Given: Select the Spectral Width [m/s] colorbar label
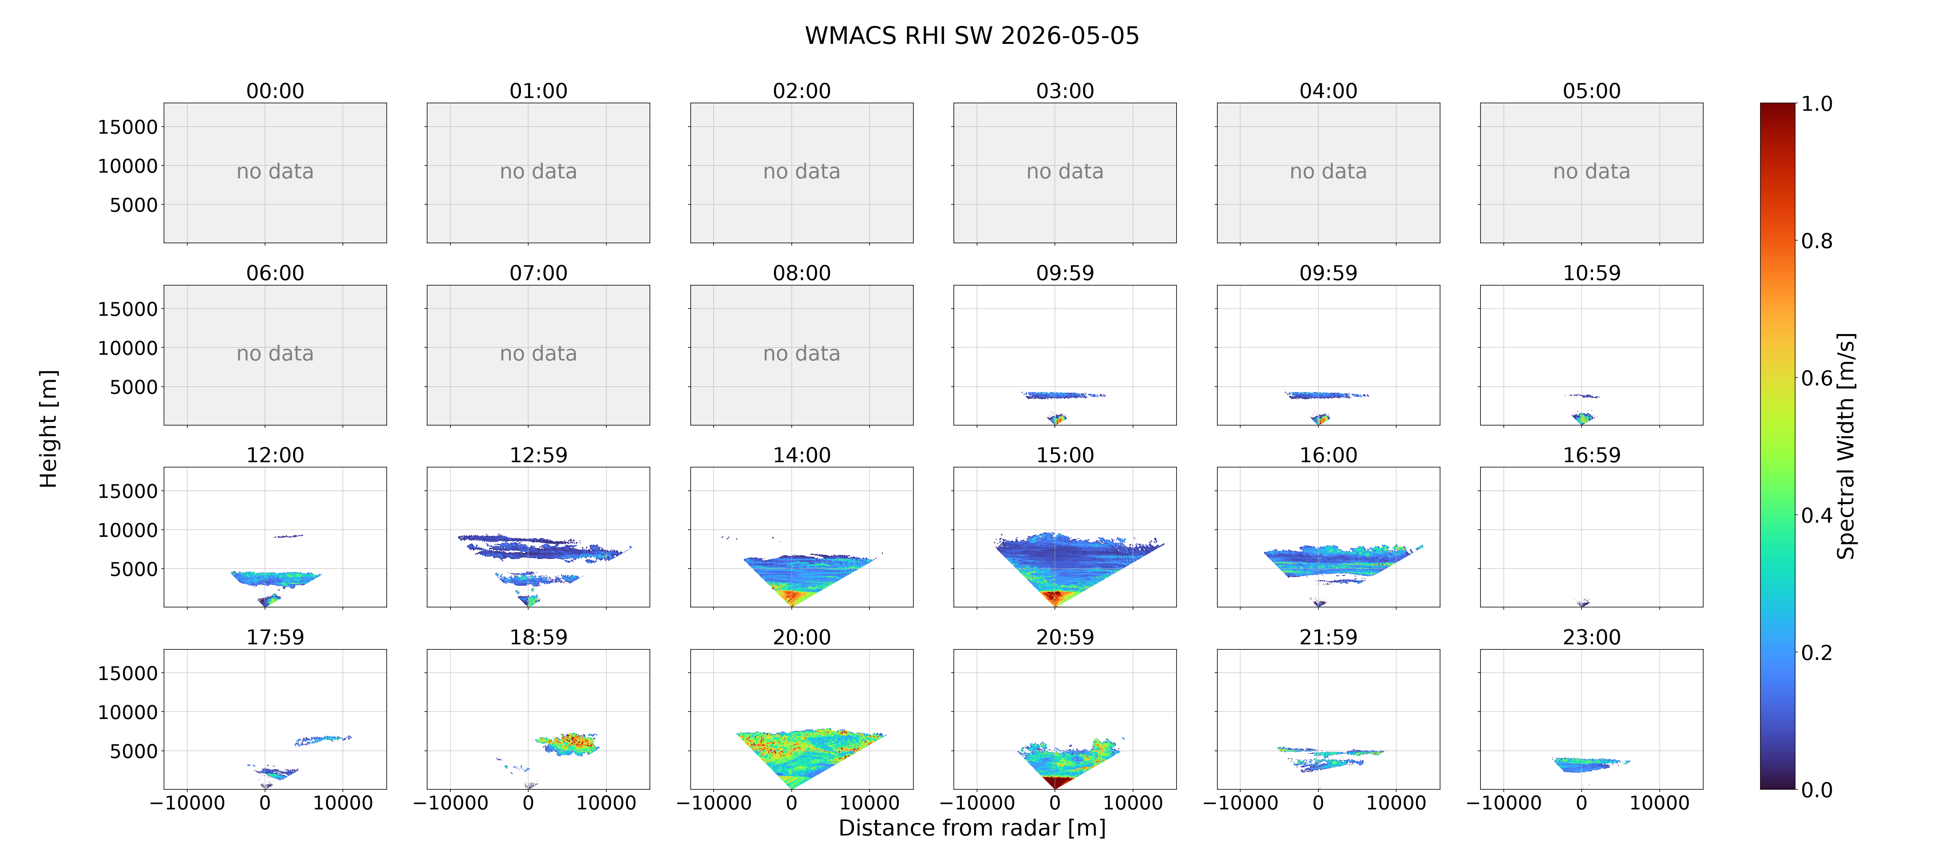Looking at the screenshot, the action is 1845,446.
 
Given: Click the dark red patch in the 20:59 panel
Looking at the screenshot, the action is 1056,782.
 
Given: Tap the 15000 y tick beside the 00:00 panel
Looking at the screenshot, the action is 128,127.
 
